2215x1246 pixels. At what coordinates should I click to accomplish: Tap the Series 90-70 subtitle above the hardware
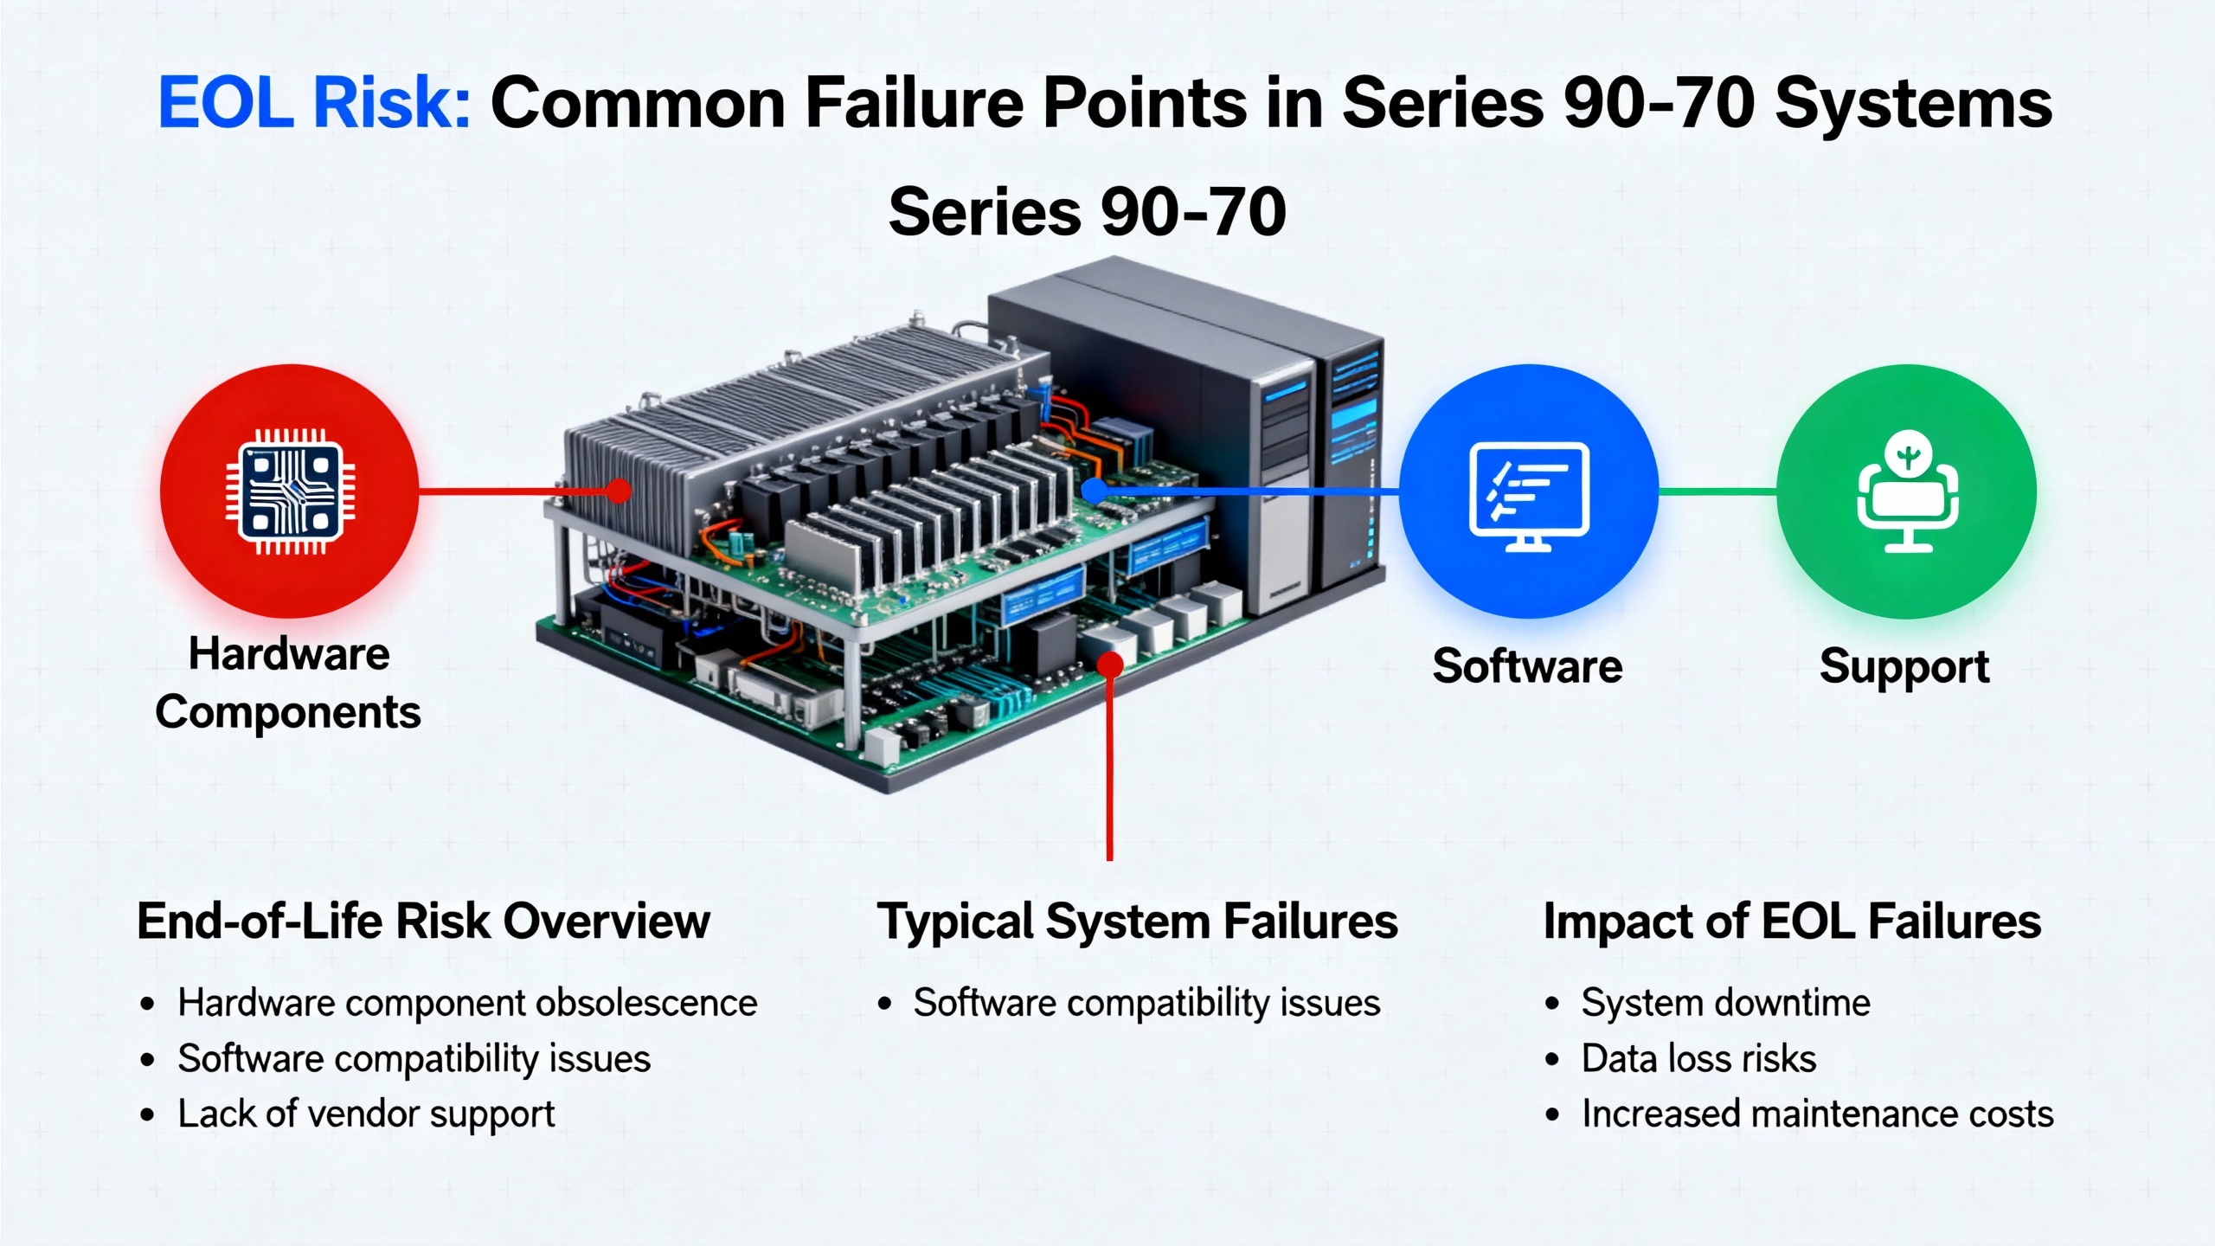pos(1087,213)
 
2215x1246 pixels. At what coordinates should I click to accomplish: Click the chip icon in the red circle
pos(290,491)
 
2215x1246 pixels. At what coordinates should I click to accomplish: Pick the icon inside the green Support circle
pos(1907,491)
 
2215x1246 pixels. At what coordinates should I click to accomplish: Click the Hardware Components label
pos(288,684)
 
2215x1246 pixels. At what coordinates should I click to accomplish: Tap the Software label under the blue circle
pos(1527,666)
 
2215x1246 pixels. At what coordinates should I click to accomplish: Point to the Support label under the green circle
pos(1904,667)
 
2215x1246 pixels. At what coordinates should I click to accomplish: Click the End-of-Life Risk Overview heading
pos(423,921)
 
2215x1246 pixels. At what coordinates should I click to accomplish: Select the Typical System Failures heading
pos(1137,921)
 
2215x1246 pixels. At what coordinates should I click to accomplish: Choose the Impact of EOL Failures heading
pos(1792,921)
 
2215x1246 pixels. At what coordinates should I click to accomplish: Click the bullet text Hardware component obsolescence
pos(467,1003)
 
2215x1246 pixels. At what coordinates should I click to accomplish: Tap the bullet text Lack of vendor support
pos(366,1114)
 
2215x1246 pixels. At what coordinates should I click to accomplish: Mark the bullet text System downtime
pos(1725,1003)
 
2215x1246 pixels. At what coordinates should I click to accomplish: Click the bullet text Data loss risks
pos(1698,1059)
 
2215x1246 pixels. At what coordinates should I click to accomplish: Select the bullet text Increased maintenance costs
pos(1817,1114)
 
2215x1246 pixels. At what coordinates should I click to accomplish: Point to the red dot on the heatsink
pos(618,491)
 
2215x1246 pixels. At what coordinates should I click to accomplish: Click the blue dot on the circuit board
pos(1094,491)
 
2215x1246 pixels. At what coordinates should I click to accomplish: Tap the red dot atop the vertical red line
pos(1110,665)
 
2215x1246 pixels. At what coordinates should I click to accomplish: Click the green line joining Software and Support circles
pos(1717,491)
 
